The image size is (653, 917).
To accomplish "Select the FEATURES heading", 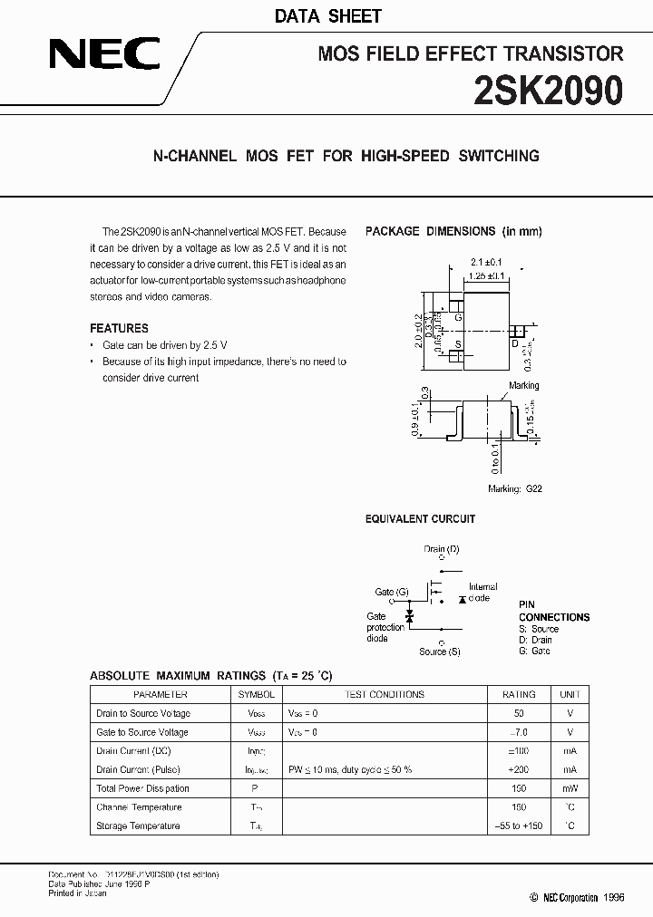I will (x=119, y=328).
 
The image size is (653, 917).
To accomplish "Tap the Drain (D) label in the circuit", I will (x=442, y=549).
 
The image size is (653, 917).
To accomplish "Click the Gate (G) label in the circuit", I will (x=392, y=592).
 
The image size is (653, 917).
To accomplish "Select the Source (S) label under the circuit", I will (x=439, y=652).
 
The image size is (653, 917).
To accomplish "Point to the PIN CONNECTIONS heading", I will (x=553, y=611).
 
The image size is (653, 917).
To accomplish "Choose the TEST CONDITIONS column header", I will (x=385, y=695).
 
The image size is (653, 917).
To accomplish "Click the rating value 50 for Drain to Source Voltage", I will (x=519, y=713).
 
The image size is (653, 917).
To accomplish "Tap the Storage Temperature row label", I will (x=138, y=825).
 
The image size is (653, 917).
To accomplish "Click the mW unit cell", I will (x=570, y=788).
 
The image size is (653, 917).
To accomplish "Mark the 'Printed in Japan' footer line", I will (x=77, y=893).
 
